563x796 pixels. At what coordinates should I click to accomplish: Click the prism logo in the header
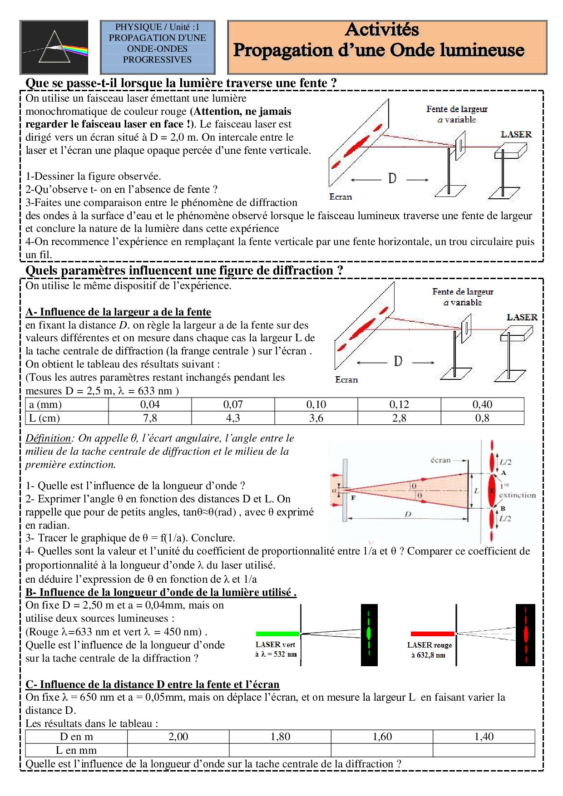(x=54, y=47)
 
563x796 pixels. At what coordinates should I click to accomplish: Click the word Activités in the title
(x=382, y=30)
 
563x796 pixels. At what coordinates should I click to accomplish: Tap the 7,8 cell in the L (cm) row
(x=150, y=418)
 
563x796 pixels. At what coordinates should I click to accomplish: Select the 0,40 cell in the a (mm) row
(x=482, y=404)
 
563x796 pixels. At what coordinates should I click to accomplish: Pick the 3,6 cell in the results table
(x=316, y=418)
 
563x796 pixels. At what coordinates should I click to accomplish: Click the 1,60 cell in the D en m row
(x=382, y=737)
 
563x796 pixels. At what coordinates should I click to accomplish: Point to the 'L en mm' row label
(x=76, y=750)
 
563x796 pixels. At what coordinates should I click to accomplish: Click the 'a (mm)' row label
(x=45, y=404)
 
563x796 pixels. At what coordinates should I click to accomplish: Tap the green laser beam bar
(x=277, y=634)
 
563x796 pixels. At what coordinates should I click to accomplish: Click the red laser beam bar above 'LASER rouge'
(x=432, y=634)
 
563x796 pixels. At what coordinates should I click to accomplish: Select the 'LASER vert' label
(x=276, y=644)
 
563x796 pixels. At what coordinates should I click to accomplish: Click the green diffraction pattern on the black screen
(x=369, y=634)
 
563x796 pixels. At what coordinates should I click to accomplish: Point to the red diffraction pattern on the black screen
(x=525, y=634)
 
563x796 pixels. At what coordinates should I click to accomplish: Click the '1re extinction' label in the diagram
(x=517, y=491)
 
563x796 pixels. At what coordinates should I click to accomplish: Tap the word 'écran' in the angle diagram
(x=440, y=460)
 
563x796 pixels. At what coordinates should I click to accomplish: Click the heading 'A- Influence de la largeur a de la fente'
(x=118, y=312)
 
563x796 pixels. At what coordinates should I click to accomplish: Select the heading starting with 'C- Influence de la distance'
(x=153, y=684)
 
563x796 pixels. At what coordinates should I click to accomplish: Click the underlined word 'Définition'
(x=48, y=438)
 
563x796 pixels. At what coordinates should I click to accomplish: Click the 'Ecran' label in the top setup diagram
(x=341, y=197)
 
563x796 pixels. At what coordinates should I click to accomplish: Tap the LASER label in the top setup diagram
(x=516, y=134)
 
